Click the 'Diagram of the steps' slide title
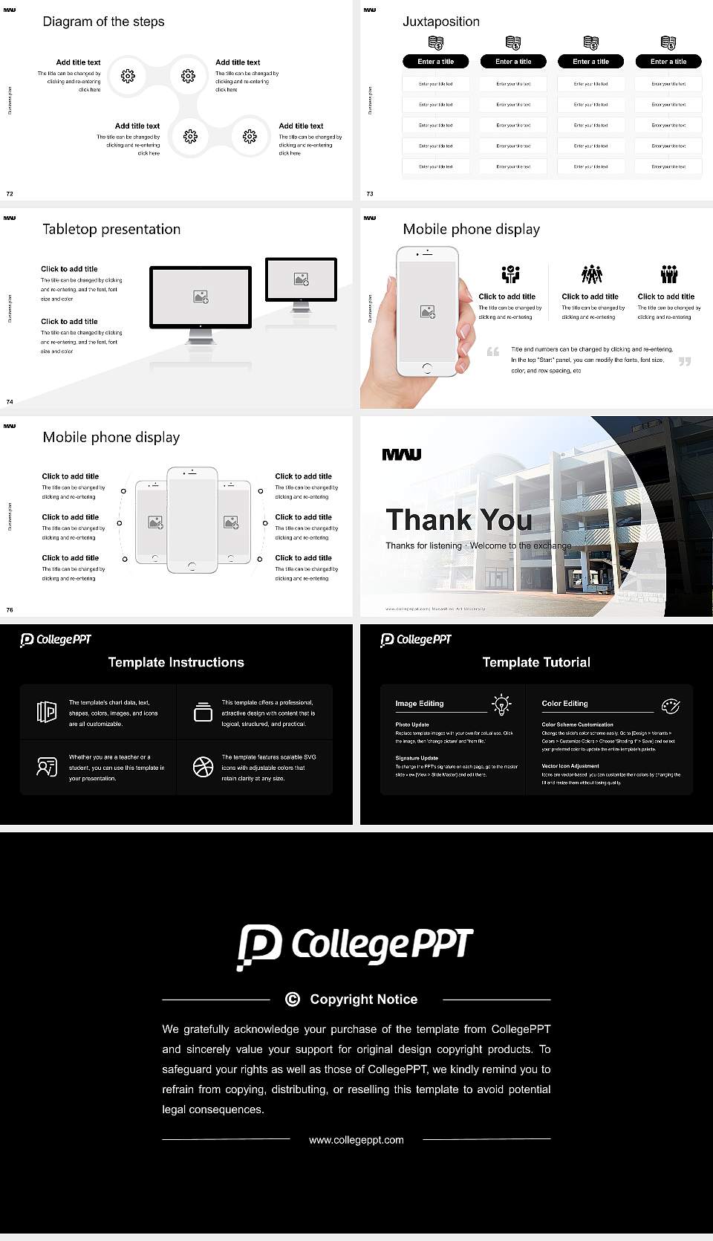[x=103, y=22]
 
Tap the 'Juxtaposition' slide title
[x=440, y=22]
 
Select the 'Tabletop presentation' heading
[x=111, y=229]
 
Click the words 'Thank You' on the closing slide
[x=459, y=519]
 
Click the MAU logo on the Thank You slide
[x=402, y=455]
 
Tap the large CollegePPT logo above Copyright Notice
[x=356, y=946]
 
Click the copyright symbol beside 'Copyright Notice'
[x=293, y=999]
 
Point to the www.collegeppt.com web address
[x=356, y=1140]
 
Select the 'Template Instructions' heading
[x=176, y=662]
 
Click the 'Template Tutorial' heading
[x=536, y=662]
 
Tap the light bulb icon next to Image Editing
[x=501, y=704]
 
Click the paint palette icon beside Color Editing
[x=671, y=705]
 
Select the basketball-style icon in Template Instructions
[x=203, y=767]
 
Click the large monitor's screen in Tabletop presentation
[x=201, y=297]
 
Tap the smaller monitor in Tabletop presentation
[x=301, y=280]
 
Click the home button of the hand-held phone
[x=426, y=368]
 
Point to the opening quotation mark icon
[x=492, y=351]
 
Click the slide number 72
[x=10, y=193]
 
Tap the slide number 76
[x=10, y=609]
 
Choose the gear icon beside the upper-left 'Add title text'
[x=128, y=76]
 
